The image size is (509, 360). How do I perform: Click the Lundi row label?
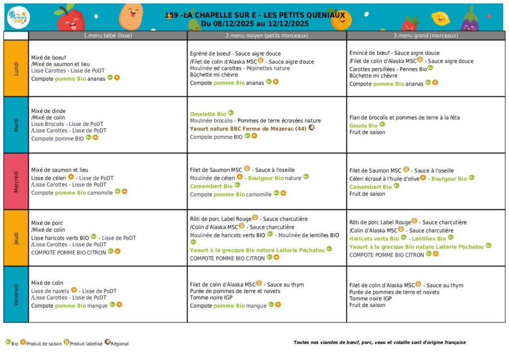click(x=16, y=68)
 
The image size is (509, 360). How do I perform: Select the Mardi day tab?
click(x=16, y=125)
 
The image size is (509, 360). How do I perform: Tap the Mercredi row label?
click(x=16, y=181)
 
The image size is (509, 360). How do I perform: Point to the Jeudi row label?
click(x=16, y=238)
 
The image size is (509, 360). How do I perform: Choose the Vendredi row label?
click(x=16, y=294)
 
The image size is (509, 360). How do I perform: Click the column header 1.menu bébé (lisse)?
click(x=108, y=35)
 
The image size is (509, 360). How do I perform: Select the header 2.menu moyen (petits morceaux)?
click(x=267, y=35)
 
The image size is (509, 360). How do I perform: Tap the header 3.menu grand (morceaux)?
click(x=426, y=35)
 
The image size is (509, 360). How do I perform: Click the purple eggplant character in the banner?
click(x=469, y=19)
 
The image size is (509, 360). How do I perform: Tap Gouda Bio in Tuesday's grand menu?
click(x=363, y=126)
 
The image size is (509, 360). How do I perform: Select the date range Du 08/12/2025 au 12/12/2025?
click(x=254, y=23)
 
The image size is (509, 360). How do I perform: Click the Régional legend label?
click(x=120, y=344)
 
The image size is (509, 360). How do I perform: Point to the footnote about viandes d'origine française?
click(x=380, y=342)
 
